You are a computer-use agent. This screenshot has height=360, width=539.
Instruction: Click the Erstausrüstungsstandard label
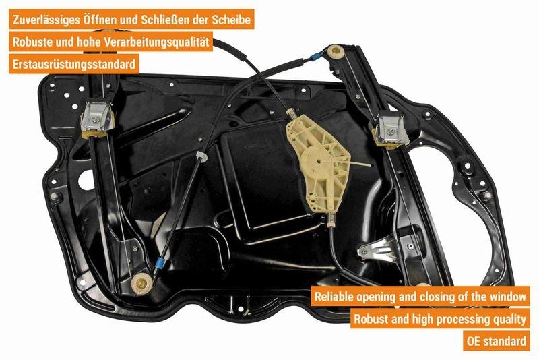(74, 64)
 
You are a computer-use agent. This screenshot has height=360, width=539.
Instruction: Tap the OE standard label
(497, 341)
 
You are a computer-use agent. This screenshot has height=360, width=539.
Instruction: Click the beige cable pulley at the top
(336, 52)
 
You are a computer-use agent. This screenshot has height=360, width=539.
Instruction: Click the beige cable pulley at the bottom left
(141, 283)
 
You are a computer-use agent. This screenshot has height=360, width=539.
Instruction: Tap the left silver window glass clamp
(96, 119)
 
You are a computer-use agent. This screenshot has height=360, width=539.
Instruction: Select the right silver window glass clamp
(390, 131)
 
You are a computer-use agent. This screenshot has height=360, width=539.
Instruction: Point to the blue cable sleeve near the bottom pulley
(159, 263)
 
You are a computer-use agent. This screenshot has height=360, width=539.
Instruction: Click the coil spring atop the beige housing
(292, 114)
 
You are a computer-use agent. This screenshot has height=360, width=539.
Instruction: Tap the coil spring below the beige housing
(331, 220)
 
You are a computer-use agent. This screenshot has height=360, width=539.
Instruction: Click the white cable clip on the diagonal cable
(201, 156)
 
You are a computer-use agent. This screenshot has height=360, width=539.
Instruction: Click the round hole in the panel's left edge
(86, 180)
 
